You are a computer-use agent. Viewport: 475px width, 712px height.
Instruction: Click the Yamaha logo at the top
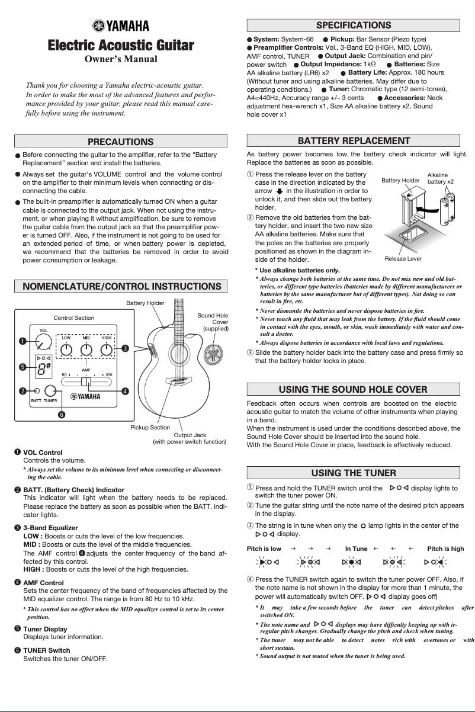[121, 25]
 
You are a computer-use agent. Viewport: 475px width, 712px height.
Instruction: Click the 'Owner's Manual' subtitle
[121, 59]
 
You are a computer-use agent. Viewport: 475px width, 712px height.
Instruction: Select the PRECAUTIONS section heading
[121, 142]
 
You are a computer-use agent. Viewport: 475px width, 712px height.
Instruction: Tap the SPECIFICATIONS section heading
[354, 25]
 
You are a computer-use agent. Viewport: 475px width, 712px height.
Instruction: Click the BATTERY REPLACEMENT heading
[354, 141]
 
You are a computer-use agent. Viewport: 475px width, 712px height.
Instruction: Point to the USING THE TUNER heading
[354, 473]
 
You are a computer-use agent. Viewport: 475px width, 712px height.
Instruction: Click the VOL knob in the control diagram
[43, 342]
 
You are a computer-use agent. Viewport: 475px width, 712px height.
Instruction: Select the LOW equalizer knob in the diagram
[67, 349]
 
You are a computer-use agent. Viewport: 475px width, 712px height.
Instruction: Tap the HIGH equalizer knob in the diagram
[106, 349]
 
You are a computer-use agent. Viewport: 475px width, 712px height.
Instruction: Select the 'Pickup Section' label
[150, 427]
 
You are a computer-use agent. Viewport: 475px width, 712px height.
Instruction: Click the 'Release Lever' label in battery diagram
[403, 259]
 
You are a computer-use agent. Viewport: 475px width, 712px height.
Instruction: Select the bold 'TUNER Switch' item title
[46, 650]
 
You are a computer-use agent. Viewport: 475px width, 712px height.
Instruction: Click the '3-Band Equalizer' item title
[50, 527]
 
